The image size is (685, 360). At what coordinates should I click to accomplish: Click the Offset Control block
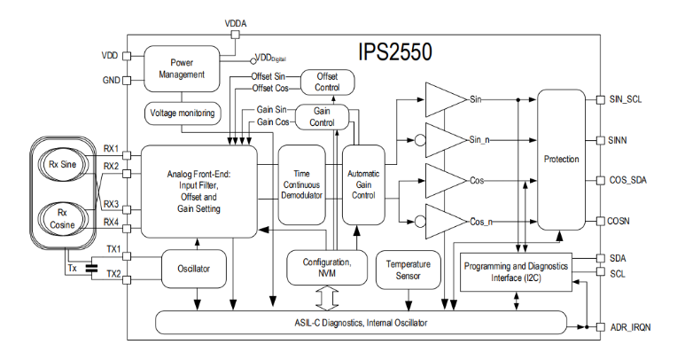coord(328,82)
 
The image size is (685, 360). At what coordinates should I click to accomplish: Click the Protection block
coord(562,160)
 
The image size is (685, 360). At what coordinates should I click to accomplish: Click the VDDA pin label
coord(235,21)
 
